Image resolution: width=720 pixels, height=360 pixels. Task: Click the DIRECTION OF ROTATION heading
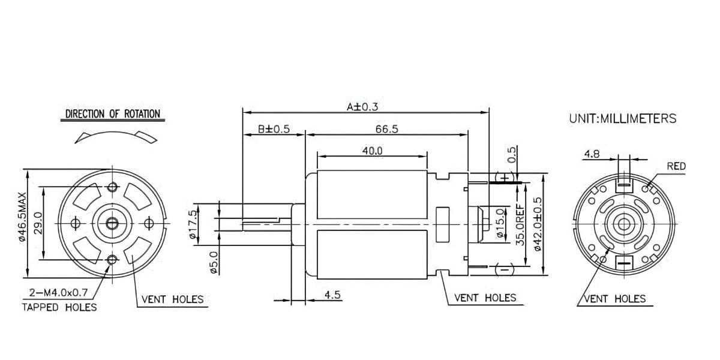(x=112, y=114)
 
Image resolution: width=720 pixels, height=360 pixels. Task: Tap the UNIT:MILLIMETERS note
(x=622, y=119)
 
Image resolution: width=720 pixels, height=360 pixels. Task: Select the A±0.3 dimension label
(x=362, y=107)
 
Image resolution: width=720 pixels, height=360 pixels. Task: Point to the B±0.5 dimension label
(x=274, y=129)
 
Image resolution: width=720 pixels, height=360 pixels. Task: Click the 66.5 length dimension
(x=387, y=129)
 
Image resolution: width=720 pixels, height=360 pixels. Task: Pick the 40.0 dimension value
(x=372, y=151)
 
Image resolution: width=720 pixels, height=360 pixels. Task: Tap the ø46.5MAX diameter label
(x=22, y=217)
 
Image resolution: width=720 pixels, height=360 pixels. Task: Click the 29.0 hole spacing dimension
(x=37, y=223)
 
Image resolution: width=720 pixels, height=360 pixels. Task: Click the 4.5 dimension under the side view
(x=333, y=295)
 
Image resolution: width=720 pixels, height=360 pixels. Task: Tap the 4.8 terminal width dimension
(x=592, y=154)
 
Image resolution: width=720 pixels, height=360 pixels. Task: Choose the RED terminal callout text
(x=676, y=166)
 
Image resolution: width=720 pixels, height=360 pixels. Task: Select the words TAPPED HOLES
(x=59, y=307)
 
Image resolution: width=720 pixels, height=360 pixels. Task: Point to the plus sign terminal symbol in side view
(x=505, y=178)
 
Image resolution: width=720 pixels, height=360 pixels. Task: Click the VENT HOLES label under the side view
(x=485, y=297)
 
